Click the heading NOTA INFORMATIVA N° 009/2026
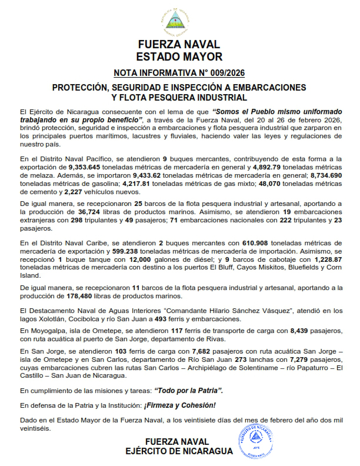pyautogui.click(x=179, y=73)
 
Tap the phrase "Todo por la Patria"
pyautogui.click(x=189, y=390)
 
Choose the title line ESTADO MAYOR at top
pyautogui.click(x=179, y=57)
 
